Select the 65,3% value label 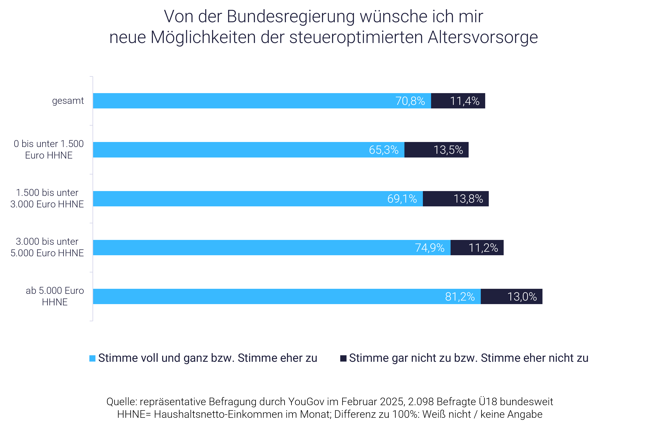pos(383,150)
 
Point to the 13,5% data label pos(448,150)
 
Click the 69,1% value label pos(402,199)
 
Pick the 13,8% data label pos(468,199)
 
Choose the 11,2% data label pos(483,248)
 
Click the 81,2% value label pos(460,297)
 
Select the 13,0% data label pos(522,297)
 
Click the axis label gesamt pos(68,101)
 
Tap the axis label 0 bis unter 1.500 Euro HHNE pos(49,150)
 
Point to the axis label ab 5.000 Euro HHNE pos(55,296)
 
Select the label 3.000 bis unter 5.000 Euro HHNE pos(47,247)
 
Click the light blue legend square pos(92,358)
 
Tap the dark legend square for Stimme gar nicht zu pos(343,358)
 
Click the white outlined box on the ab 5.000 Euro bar pos(557,297)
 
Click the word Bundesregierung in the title pos(291,17)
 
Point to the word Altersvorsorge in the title pos(483,37)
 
